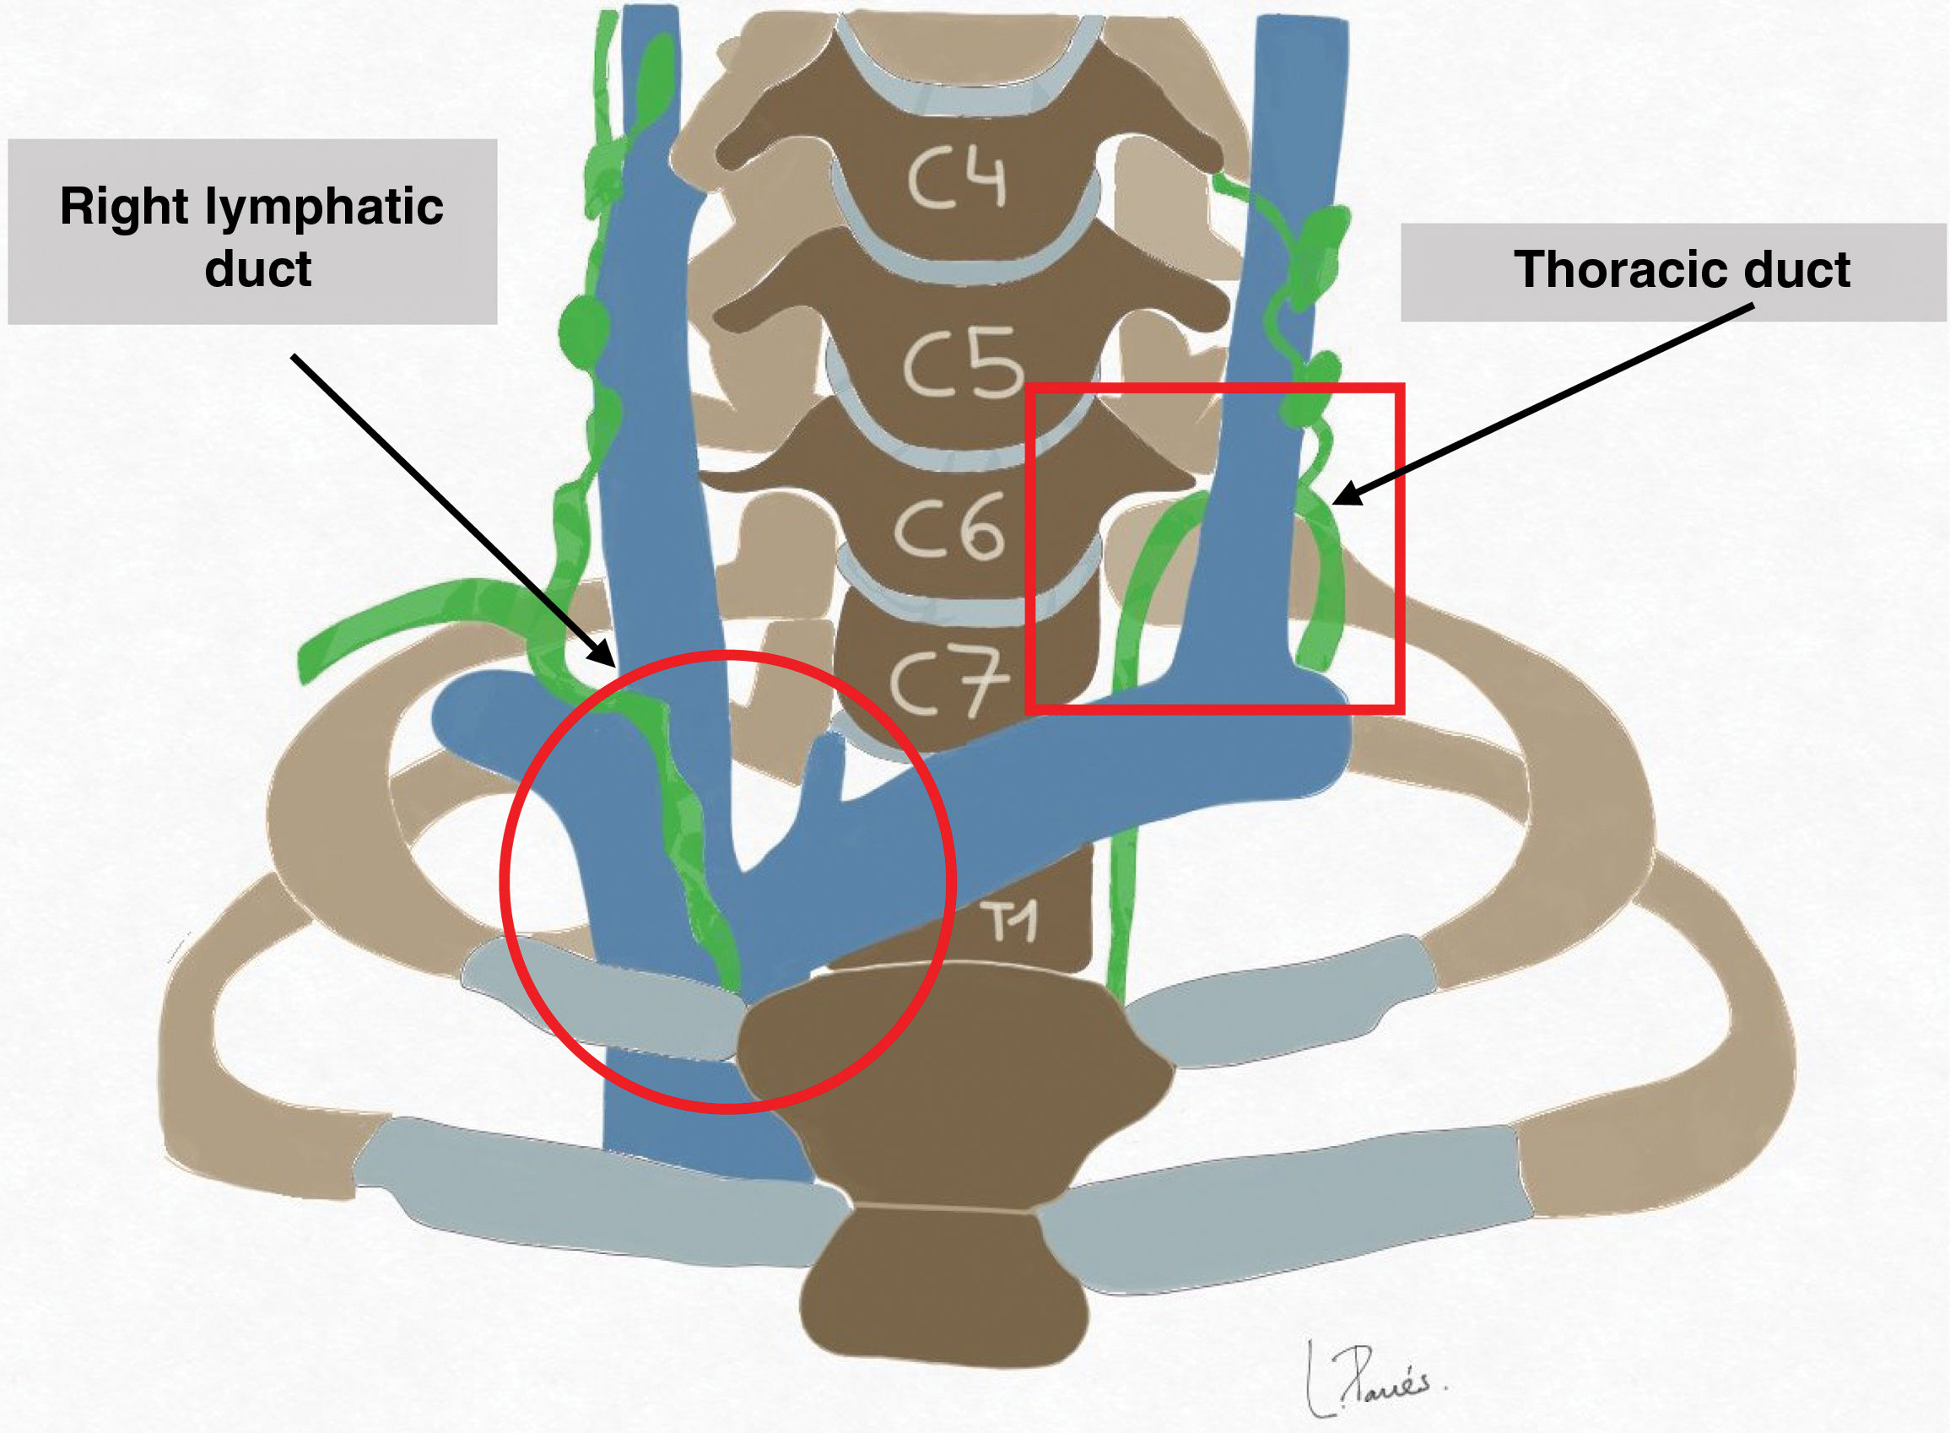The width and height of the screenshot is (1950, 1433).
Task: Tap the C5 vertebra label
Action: tap(963, 362)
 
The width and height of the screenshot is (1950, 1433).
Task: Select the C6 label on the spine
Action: tap(949, 527)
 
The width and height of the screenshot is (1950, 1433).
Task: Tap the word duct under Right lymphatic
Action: tap(257, 269)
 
